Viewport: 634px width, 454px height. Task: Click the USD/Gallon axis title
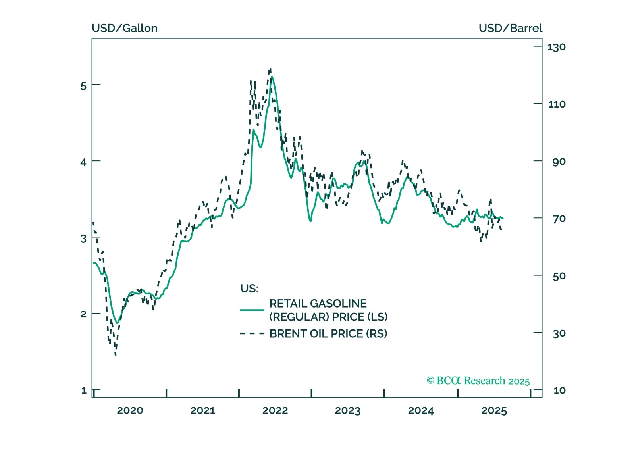(124, 28)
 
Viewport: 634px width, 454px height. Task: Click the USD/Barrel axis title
(510, 28)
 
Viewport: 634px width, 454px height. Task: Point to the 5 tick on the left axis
(83, 86)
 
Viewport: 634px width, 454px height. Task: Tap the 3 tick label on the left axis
(83, 239)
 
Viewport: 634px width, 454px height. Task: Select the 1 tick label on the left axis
(84, 391)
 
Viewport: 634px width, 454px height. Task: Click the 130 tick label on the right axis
(556, 47)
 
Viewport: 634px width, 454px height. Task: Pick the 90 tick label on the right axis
(559, 162)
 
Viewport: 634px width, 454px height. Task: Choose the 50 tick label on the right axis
(559, 276)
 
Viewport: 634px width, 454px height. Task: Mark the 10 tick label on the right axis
(559, 391)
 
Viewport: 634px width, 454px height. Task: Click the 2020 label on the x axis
(130, 410)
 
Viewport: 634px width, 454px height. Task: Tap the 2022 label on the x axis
(275, 410)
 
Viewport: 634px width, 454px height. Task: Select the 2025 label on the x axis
(494, 410)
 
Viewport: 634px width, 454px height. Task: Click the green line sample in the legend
(252, 310)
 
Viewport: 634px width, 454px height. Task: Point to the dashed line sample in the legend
(252, 334)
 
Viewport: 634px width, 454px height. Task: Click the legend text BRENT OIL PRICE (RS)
(328, 334)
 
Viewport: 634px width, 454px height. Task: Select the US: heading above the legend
(249, 289)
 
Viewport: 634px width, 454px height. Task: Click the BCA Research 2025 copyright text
(478, 381)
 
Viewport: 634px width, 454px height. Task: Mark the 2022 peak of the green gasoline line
(272, 77)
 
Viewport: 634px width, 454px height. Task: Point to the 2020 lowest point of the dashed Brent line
(116, 354)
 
